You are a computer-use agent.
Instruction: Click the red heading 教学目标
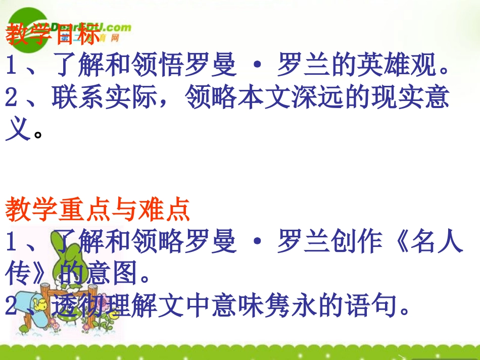[53, 35]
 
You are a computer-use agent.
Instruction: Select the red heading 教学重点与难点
[98, 210]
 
